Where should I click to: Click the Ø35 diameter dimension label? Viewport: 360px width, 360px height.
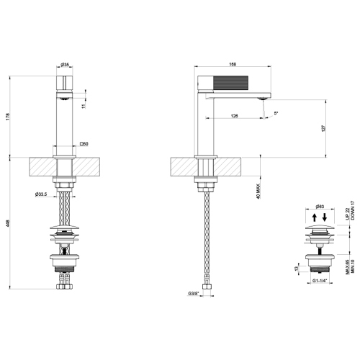pos(64,65)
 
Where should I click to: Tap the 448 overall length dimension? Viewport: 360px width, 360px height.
pos(7,223)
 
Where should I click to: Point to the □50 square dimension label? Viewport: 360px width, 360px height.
pos(84,145)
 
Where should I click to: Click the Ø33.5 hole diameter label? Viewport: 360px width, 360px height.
pos(41,194)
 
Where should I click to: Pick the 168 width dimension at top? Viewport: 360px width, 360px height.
pos(233,65)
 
